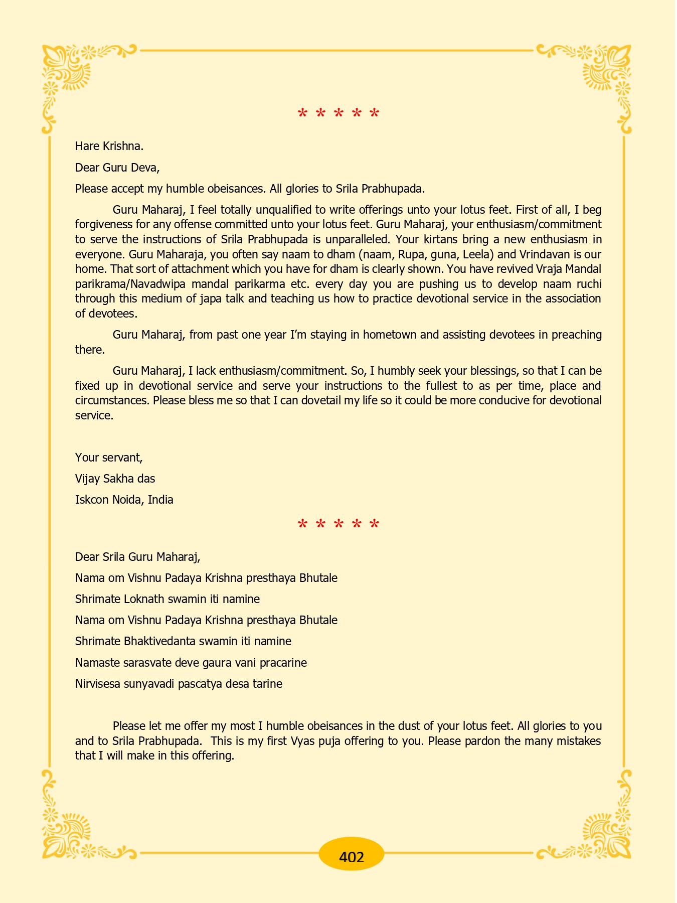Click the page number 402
point(351,856)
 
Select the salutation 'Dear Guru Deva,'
point(117,168)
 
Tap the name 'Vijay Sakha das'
point(115,479)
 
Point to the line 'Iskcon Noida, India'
point(124,500)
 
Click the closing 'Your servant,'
point(109,458)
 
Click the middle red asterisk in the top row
point(339,113)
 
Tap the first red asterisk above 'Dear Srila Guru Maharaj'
point(302,525)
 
